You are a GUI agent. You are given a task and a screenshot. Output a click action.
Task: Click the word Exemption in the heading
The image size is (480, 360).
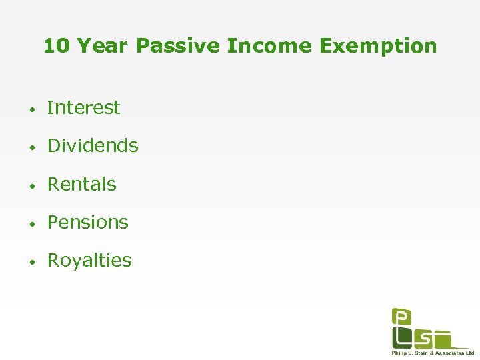tap(378, 46)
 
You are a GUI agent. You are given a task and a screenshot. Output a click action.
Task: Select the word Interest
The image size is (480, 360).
tap(83, 107)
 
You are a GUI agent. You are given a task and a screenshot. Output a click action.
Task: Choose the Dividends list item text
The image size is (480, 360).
tap(93, 145)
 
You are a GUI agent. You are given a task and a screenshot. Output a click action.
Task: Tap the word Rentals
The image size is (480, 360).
tap(81, 184)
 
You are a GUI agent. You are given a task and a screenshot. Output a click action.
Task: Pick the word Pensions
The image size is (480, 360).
tap(87, 222)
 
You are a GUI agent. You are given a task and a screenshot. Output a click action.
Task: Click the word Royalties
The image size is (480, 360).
tap(89, 260)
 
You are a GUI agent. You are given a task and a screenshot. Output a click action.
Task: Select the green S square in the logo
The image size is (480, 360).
tap(422, 338)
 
